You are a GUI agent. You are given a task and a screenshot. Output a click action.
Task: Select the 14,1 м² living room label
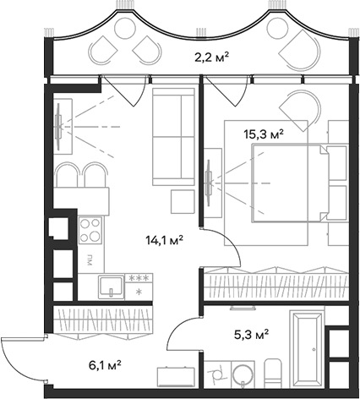165,239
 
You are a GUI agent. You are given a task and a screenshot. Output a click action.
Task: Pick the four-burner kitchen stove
90,229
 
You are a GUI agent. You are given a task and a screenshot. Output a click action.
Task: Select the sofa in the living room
174,139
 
